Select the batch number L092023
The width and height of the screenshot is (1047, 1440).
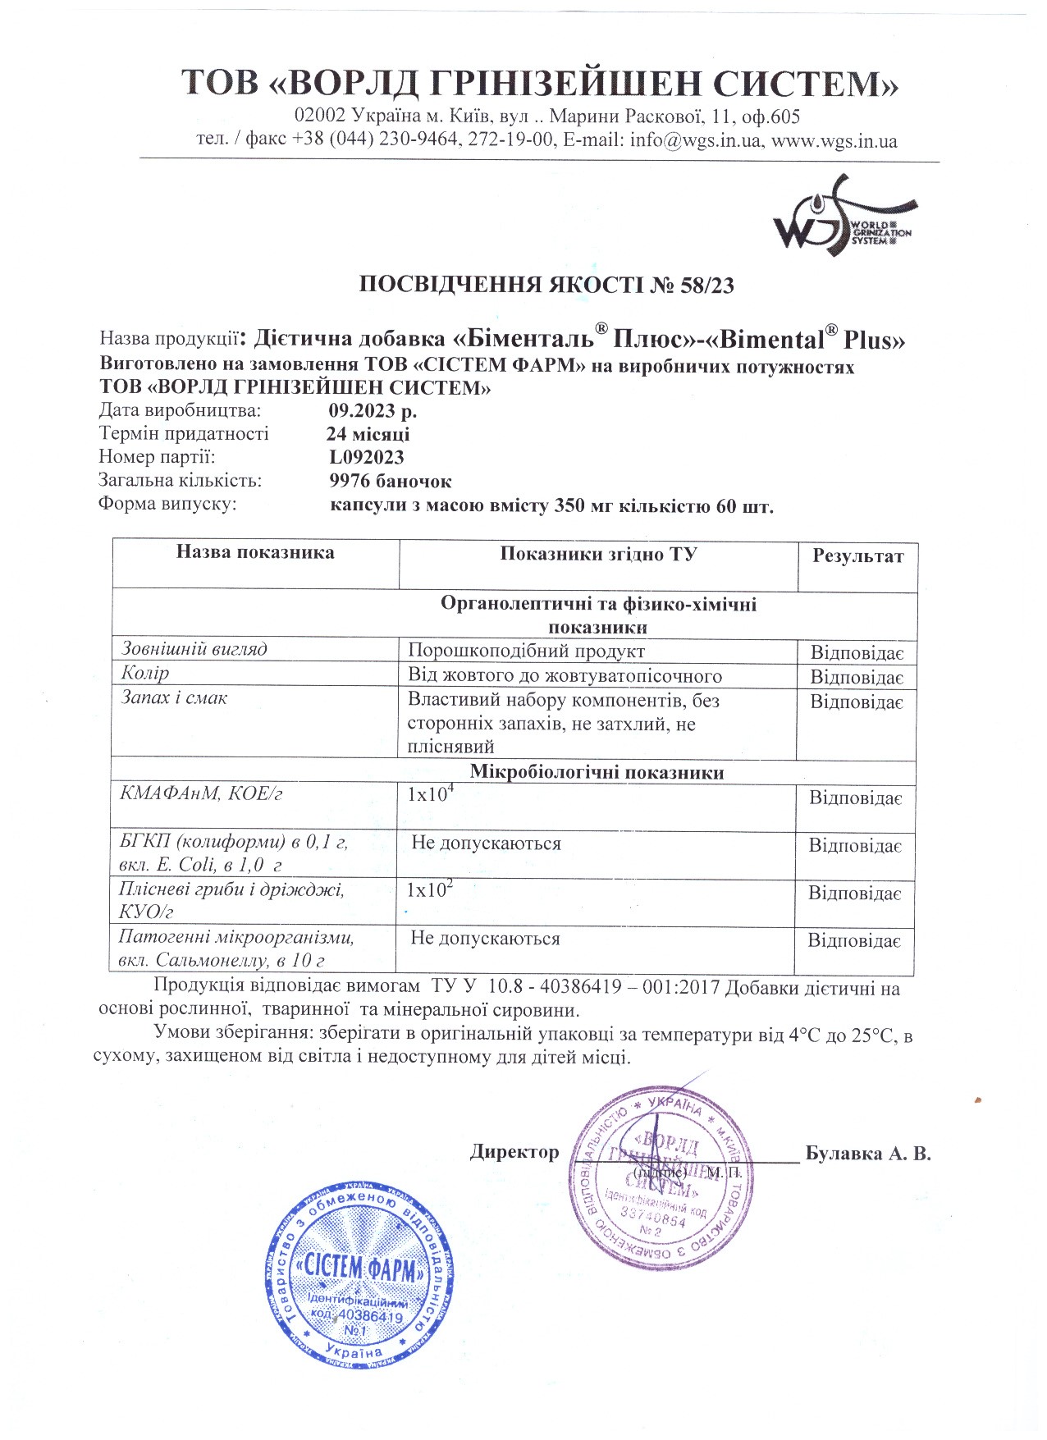pyautogui.click(x=367, y=457)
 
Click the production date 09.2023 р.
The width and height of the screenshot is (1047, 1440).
pyautogui.click(x=373, y=410)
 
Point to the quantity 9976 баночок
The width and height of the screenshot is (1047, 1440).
pyautogui.click(x=391, y=481)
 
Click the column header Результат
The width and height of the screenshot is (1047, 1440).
pyautogui.click(x=857, y=556)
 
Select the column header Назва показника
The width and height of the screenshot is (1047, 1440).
pyautogui.click(x=255, y=552)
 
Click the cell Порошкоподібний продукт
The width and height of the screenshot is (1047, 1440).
pyautogui.click(x=526, y=651)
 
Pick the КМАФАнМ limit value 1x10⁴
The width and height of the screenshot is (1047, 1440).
pyautogui.click(x=431, y=793)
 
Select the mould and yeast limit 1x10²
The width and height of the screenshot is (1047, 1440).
pyautogui.click(x=431, y=889)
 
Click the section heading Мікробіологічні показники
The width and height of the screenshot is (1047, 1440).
pyautogui.click(x=597, y=772)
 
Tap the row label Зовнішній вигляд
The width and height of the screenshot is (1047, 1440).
pyautogui.click(x=194, y=649)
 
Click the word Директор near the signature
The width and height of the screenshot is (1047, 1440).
pyautogui.click(x=514, y=1152)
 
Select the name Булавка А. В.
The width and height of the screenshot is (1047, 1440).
pyautogui.click(x=868, y=1154)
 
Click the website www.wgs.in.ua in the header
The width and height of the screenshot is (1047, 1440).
pyautogui.click(x=834, y=140)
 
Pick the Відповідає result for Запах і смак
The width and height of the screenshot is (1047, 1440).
pyautogui.click(x=857, y=702)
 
